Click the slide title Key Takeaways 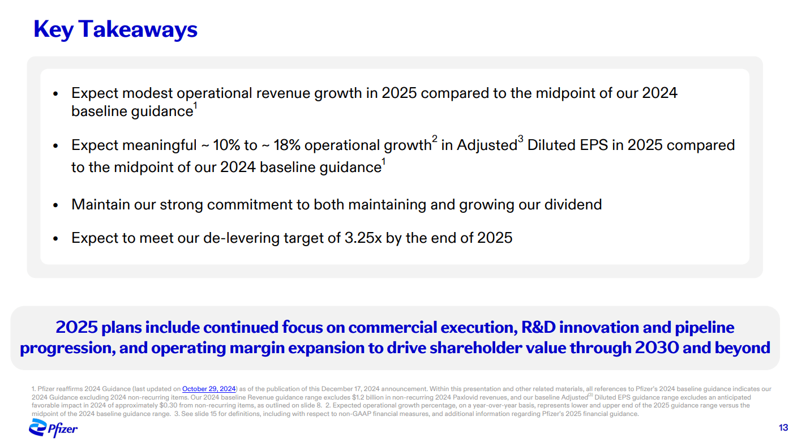click(115, 29)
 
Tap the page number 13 click(783, 428)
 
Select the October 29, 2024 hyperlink click(209, 389)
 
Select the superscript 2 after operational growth click(435, 139)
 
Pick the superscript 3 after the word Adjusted click(520, 139)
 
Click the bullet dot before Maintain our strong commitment click(55, 205)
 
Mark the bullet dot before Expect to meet click(55, 239)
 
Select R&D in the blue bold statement click(538, 327)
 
